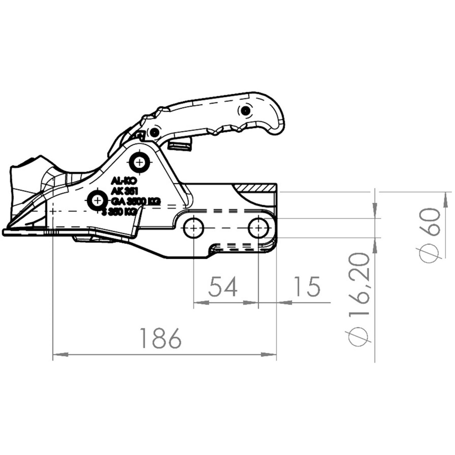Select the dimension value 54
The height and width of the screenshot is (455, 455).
(x=223, y=287)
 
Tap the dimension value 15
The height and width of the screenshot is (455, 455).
(x=307, y=287)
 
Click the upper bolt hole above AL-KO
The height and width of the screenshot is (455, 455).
(x=139, y=162)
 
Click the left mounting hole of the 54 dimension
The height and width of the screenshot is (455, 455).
(x=194, y=229)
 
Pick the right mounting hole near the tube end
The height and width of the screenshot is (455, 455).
(x=258, y=228)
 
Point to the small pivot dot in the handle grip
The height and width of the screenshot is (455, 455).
(x=244, y=111)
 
